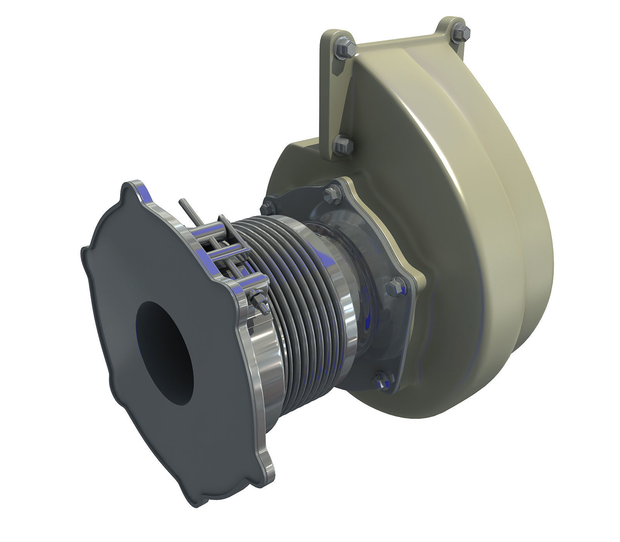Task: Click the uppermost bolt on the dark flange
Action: pyautogui.click(x=332, y=195)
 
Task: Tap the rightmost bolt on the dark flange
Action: pyautogui.click(x=395, y=286)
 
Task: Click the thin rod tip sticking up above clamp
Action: pyautogui.click(x=182, y=203)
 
